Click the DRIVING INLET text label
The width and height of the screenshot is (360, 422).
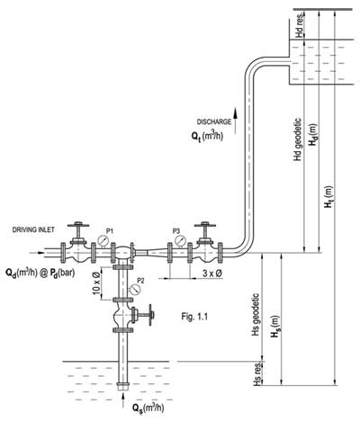click(33, 230)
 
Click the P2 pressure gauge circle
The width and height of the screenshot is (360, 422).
click(135, 289)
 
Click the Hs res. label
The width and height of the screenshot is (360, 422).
click(257, 372)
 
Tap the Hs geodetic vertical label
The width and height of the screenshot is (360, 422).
click(257, 310)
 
